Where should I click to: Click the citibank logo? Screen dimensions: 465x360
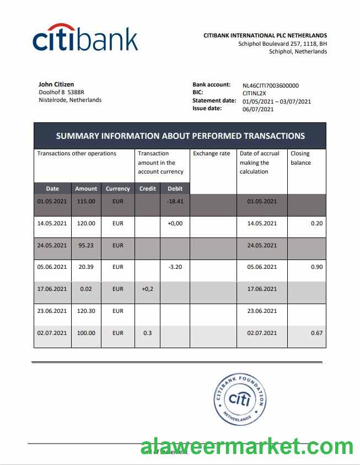(85, 38)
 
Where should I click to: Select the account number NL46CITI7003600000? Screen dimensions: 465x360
(271, 85)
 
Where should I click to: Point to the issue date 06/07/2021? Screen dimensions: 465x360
(258, 109)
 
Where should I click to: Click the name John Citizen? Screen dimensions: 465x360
(56, 84)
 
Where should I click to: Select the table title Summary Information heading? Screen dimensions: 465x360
(180, 136)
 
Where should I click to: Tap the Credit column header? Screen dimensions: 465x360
(148, 188)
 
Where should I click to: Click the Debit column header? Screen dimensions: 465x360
(175, 188)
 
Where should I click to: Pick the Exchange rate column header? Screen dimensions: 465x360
(212, 154)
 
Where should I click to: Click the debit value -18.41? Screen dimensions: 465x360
(175, 202)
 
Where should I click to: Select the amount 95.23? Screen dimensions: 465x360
(85, 245)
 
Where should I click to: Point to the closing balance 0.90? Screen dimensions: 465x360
(316, 267)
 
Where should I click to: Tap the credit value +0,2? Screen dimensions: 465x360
(148, 289)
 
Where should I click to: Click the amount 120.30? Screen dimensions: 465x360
(85, 311)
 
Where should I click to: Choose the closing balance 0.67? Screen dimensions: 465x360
(316, 333)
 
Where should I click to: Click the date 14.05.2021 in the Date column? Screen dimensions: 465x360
(52, 224)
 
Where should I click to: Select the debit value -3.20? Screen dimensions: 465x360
(175, 267)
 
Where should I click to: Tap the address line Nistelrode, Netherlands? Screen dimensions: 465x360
(70, 100)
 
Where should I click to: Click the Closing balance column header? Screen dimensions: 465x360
(301, 158)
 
